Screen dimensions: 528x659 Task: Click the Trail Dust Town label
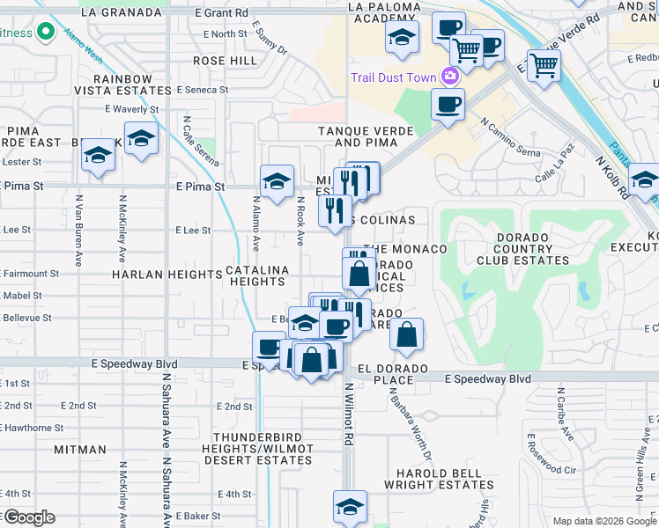[393, 77]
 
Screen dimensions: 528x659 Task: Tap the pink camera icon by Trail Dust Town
[451, 77]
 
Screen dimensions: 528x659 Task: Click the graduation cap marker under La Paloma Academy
[401, 38]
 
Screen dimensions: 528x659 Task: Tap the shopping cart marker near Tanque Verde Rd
[544, 64]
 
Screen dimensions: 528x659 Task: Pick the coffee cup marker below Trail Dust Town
[448, 105]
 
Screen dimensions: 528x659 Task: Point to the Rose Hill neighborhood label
[226, 61]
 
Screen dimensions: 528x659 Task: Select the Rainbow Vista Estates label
[125, 84]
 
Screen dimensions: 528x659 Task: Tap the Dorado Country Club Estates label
[515, 249]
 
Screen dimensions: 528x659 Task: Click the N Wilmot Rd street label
[349, 413]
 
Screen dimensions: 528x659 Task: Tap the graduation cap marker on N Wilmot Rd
[350, 507]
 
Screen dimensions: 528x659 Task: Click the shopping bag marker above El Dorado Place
[406, 334]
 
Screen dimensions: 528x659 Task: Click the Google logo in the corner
[28, 517]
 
